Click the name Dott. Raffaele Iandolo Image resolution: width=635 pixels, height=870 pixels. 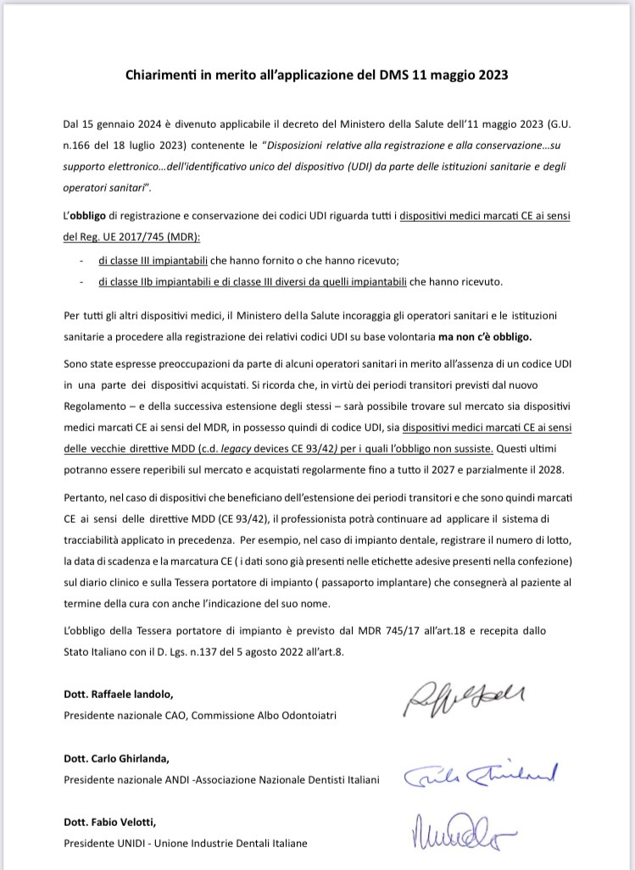(119, 694)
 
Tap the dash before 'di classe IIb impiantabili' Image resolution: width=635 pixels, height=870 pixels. (81, 281)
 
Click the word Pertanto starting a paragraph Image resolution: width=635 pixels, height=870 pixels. (86, 492)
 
